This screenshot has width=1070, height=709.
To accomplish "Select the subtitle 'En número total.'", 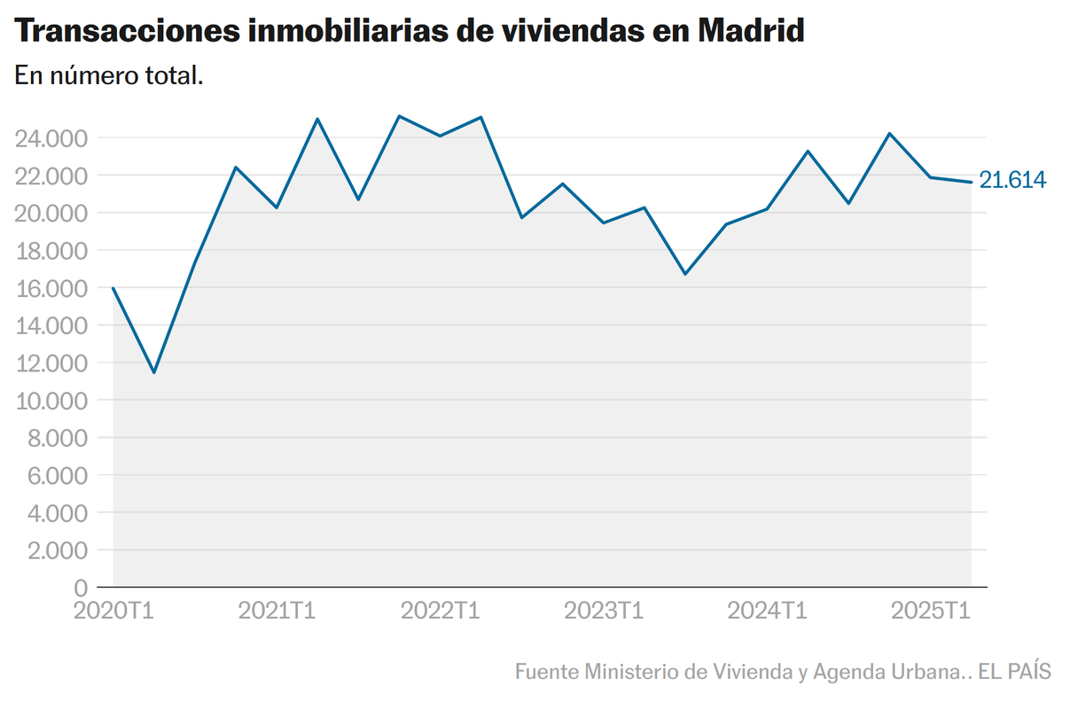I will coord(109,76).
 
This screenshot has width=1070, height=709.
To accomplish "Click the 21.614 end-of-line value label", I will coord(1012,180).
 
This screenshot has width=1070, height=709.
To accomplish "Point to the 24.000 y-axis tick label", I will coord(51,138).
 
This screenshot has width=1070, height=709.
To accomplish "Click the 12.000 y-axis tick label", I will coord(51,363).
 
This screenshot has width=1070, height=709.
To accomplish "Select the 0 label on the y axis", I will coord(81,588).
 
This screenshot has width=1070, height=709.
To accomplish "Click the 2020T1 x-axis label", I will coord(114,611).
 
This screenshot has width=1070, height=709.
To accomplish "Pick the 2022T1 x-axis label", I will coord(441,611).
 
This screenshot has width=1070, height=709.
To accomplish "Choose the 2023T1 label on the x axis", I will coord(604,611).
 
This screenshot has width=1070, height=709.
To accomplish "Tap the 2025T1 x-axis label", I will coord(930,611).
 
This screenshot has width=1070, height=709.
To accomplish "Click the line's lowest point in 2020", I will coord(154,372).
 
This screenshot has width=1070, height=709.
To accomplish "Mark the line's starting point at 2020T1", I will coord(113,288).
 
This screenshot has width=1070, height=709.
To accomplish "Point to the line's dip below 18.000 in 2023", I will coord(685,274).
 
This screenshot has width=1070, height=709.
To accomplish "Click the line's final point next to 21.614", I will coord(971,182).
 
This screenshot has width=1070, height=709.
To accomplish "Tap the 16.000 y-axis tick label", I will coord(51,288).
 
